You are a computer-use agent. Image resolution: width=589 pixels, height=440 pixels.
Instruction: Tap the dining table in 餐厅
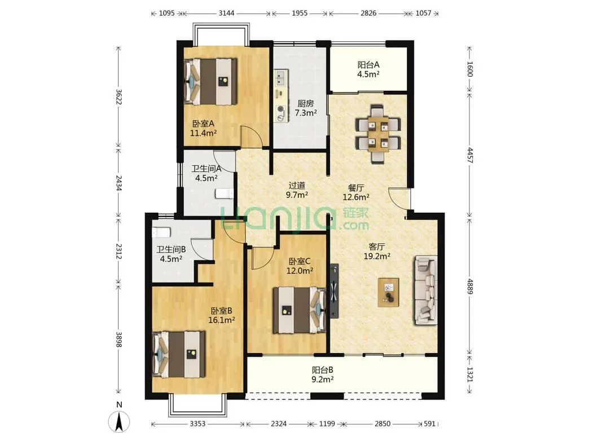[x=378, y=134]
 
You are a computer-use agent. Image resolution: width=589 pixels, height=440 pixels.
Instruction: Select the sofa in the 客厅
[x=426, y=290]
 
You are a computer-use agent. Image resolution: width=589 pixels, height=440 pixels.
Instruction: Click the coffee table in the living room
[x=389, y=292]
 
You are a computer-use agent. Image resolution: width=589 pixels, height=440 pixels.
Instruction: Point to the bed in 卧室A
[x=211, y=81]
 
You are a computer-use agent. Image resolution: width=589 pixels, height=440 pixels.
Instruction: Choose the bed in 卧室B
[x=179, y=354]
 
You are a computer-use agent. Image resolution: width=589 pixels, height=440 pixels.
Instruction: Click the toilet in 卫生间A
[x=224, y=193]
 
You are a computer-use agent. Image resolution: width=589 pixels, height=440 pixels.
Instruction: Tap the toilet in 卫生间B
[x=161, y=232]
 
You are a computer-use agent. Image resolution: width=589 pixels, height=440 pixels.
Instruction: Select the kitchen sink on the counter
[x=280, y=78]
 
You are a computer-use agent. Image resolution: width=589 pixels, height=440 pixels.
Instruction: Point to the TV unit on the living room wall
[x=334, y=291]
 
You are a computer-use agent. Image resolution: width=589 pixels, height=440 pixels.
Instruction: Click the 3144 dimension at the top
[x=226, y=13]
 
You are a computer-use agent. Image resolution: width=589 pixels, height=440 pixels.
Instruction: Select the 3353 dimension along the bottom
[x=197, y=424]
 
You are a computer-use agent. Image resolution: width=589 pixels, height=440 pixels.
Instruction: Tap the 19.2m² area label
[x=377, y=256]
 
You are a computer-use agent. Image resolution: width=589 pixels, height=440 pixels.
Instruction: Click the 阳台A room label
[x=368, y=65]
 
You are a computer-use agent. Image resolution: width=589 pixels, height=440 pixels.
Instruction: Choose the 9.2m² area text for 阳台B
[x=323, y=380]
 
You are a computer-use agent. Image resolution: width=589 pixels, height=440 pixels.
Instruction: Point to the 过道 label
[x=297, y=185]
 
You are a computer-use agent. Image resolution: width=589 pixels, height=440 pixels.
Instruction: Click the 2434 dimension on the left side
[x=118, y=183]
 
